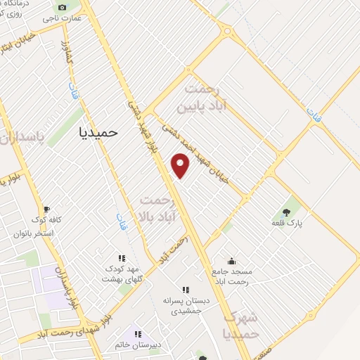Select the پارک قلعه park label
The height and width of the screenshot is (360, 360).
pyautogui.click(x=286, y=223)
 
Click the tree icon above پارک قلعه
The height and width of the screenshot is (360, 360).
pyautogui.click(x=285, y=212)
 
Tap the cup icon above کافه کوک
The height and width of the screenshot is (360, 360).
pyautogui.click(x=47, y=210)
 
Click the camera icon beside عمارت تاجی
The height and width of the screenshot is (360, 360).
pyautogui.click(x=62, y=7)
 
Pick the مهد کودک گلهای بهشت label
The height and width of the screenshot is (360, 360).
pyautogui.click(x=123, y=274)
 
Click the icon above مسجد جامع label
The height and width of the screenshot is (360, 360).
pyautogui.click(x=232, y=260)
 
